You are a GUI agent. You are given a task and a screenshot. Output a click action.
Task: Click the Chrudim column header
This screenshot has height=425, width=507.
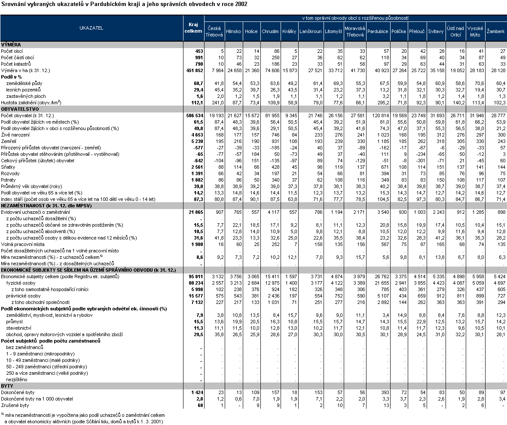pyautogui.click(x=270, y=31)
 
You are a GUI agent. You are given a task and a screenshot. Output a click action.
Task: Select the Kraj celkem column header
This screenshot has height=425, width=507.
pyautogui.click(x=193, y=28)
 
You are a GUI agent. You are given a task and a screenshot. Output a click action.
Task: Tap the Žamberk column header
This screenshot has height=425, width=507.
pyautogui.click(x=495, y=31)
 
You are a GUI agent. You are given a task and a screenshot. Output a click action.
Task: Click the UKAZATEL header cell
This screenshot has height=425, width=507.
pyautogui.click(x=91, y=28)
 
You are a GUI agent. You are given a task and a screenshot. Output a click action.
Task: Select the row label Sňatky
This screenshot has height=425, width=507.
pyautogui.click(x=8, y=167)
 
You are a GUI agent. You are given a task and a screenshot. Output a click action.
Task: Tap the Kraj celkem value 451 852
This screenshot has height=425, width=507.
pyautogui.click(x=193, y=70)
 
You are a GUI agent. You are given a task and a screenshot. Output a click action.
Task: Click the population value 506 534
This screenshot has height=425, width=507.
pyautogui.click(x=193, y=115)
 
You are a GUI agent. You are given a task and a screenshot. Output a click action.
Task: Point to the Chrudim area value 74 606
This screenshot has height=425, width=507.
pyautogui.click(x=270, y=70)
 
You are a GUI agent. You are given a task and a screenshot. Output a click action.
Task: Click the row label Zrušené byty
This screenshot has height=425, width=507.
pyautogui.click(x=15, y=405)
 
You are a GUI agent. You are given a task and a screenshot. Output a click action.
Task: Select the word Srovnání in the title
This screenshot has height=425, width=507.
pyautogui.click(x=13, y=4)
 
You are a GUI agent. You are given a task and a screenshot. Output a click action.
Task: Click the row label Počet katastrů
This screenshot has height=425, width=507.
pyautogui.click(x=17, y=64)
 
